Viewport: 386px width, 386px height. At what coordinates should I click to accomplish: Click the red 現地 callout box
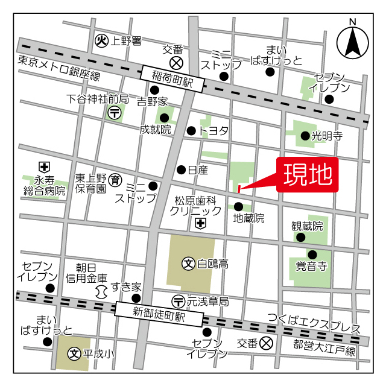click(x=308, y=176)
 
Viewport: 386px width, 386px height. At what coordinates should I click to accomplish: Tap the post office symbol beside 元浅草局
click(x=178, y=300)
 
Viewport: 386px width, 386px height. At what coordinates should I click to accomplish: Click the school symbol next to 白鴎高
click(x=188, y=263)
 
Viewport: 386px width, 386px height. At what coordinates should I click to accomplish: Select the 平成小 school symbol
click(x=74, y=353)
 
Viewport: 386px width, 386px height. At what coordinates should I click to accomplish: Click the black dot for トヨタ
click(x=191, y=130)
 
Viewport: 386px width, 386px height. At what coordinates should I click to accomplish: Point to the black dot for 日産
click(x=180, y=169)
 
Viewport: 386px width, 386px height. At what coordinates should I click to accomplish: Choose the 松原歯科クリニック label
click(x=195, y=206)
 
